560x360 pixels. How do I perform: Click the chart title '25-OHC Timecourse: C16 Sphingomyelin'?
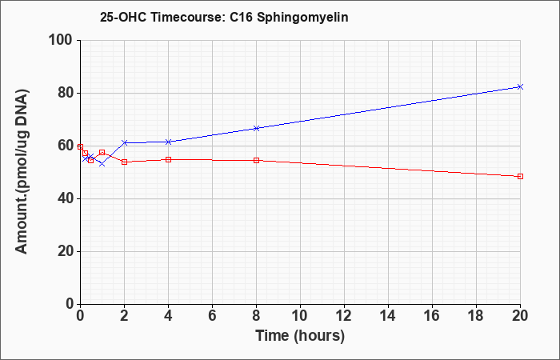pyautogui.click(x=224, y=17)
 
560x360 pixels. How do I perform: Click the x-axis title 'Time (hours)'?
pyautogui.click(x=300, y=336)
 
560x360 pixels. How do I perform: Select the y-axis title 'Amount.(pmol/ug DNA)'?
pyautogui.click(x=22, y=172)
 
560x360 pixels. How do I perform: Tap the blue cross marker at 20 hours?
pyautogui.click(x=520, y=86)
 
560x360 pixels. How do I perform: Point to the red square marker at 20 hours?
pyautogui.click(x=520, y=177)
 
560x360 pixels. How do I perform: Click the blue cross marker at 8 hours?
pyautogui.click(x=256, y=128)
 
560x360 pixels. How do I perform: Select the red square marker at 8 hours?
pyautogui.click(x=256, y=160)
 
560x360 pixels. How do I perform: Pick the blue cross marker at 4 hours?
pyautogui.click(x=169, y=142)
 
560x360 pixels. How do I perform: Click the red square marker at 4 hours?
pyautogui.click(x=169, y=160)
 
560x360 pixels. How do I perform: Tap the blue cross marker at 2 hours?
pyautogui.click(x=125, y=142)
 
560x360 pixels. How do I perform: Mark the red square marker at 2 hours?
pyautogui.click(x=125, y=162)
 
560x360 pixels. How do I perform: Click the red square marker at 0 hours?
pyautogui.click(x=80, y=146)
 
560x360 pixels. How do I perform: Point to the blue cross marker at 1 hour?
pyautogui.click(x=102, y=163)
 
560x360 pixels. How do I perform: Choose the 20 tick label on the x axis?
pyautogui.click(x=519, y=316)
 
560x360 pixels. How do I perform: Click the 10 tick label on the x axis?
pyautogui.click(x=300, y=316)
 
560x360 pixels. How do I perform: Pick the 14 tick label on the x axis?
pyautogui.click(x=388, y=316)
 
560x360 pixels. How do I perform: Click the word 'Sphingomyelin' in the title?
pyautogui.click(x=302, y=18)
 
